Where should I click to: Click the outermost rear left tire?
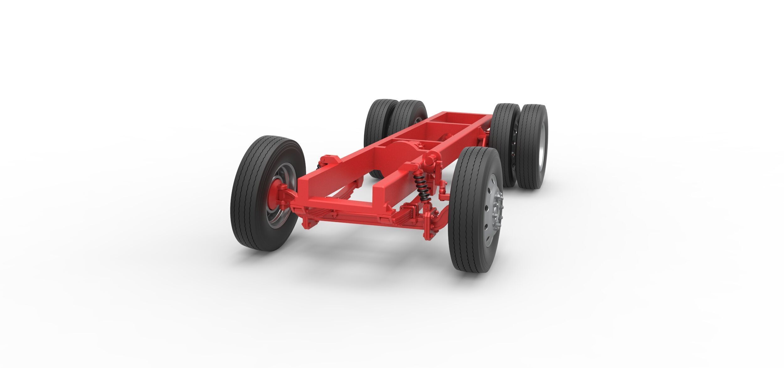[x=378, y=126]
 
